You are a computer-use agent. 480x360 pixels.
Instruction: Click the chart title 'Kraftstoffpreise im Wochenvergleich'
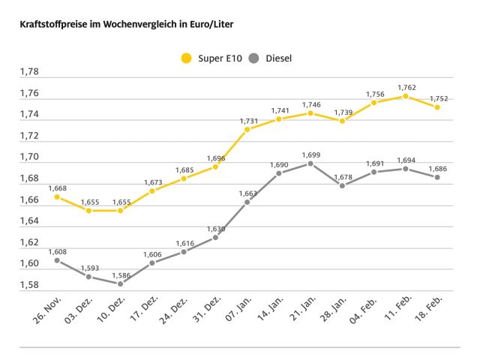coord(121,25)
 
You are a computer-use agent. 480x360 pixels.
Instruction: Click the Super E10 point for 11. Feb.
coord(406,96)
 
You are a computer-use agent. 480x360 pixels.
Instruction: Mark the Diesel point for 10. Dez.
coord(120,283)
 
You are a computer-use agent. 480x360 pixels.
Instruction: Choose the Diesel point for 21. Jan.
coord(310,163)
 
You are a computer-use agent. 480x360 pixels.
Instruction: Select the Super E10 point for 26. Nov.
coord(57,196)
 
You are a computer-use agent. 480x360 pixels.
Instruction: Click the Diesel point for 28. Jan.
coord(342,185)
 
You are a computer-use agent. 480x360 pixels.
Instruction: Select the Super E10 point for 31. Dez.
coord(215,166)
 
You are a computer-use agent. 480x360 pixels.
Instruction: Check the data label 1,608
coord(57,251)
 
